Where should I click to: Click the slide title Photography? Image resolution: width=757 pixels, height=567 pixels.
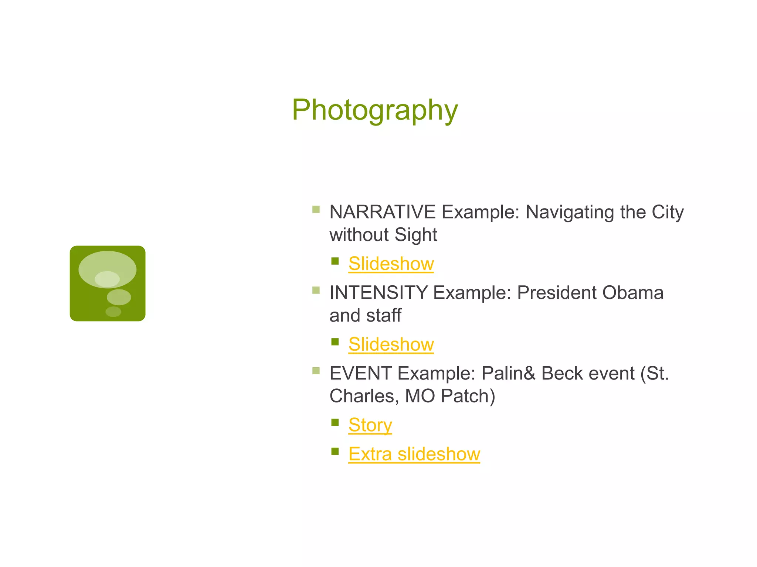tap(375, 110)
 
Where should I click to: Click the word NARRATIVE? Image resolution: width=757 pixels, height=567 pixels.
tap(382, 212)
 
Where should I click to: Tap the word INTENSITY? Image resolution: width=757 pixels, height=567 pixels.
tap(378, 293)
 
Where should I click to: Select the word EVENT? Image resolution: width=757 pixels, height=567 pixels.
tap(360, 373)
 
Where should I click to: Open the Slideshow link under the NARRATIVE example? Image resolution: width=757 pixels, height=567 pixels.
tap(391, 264)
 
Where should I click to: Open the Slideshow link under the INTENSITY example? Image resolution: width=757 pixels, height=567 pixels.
tap(391, 344)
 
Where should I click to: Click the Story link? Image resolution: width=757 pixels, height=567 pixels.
tap(370, 425)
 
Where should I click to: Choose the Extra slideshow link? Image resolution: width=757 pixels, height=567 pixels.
tap(414, 454)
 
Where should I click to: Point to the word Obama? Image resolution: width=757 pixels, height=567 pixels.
tap(633, 293)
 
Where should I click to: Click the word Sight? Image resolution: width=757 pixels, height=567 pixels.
tap(416, 235)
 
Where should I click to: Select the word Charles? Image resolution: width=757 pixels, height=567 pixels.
tap(364, 396)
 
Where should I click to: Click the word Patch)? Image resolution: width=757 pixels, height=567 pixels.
tap(468, 396)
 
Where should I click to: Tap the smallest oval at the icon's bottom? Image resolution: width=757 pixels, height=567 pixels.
tap(113, 312)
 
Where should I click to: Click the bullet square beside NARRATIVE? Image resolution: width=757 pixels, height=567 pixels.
tap(316, 210)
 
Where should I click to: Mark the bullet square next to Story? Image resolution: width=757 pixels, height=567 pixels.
tap(335, 422)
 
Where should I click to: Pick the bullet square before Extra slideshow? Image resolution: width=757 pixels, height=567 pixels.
tap(335, 451)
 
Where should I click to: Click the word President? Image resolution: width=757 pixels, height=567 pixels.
tap(557, 293)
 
